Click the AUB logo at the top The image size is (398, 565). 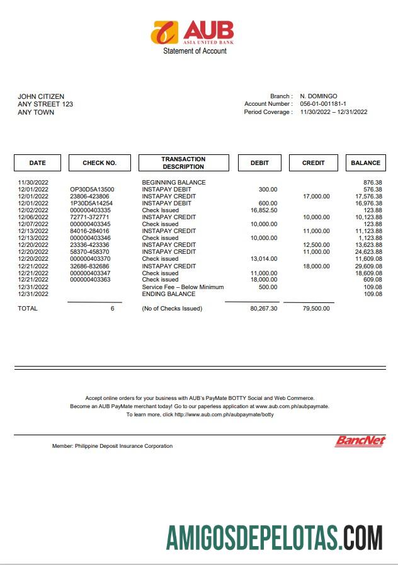(192, 31)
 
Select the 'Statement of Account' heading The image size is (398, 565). (195, 51)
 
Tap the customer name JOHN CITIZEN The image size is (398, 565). (41, 96)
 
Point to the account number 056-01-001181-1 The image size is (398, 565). (323, 104)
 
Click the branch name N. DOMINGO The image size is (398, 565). (318, 96)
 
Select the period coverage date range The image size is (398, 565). (333, 112)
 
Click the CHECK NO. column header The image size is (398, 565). (99, 163)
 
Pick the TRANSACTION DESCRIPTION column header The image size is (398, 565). (183, 163)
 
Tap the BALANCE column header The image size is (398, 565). (365, 163)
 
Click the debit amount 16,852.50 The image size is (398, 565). (264, 210)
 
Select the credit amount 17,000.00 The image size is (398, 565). (316, 197)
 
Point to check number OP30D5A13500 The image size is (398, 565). (92, 190)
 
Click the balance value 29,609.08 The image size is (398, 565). (368, 266)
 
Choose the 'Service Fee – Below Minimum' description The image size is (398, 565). (183, 287)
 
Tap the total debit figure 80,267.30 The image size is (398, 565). (263, 309)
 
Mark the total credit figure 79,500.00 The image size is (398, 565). (316, 309)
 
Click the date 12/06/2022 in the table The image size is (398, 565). (33, 217)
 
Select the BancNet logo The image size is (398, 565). (360, 441)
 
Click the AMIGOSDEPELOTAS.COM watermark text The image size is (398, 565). (274, 537)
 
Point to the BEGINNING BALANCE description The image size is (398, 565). (174, 183)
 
